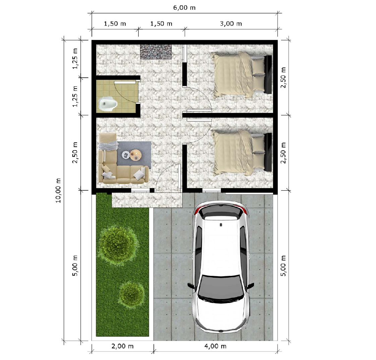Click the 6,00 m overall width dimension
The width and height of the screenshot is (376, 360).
(x=184, y=8)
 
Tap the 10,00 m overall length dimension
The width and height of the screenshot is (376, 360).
(x=59, y=191)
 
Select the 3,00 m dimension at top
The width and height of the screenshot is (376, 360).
(x=231, y=24)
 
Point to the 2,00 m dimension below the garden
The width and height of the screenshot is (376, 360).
(x=122, y=346)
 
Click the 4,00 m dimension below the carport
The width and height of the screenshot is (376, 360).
(x=215, y=346)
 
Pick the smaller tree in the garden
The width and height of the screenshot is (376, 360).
(x=131, y=293)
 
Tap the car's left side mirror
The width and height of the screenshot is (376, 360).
(x=191, y=286)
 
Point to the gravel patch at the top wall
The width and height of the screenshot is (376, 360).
(x=156, y=52)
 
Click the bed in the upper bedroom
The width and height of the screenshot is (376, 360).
(x=242, y=74)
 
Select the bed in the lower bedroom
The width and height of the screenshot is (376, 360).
(x=242, y=153)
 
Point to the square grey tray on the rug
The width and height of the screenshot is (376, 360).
(x=126, y=155)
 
